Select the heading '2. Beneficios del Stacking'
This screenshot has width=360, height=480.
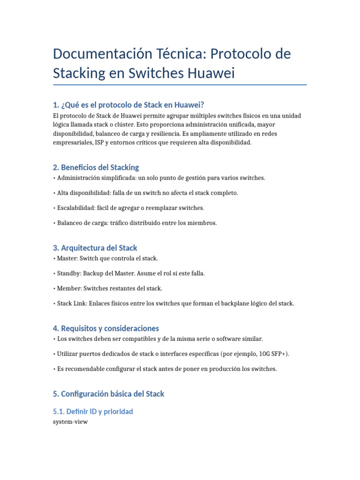point(96,167)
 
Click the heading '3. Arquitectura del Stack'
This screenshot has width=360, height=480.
point(95,247)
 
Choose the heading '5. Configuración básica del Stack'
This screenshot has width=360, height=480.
point(109,394)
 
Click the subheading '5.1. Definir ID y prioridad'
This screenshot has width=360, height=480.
point(93,411)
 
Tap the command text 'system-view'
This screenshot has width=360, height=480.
point(70,421)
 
